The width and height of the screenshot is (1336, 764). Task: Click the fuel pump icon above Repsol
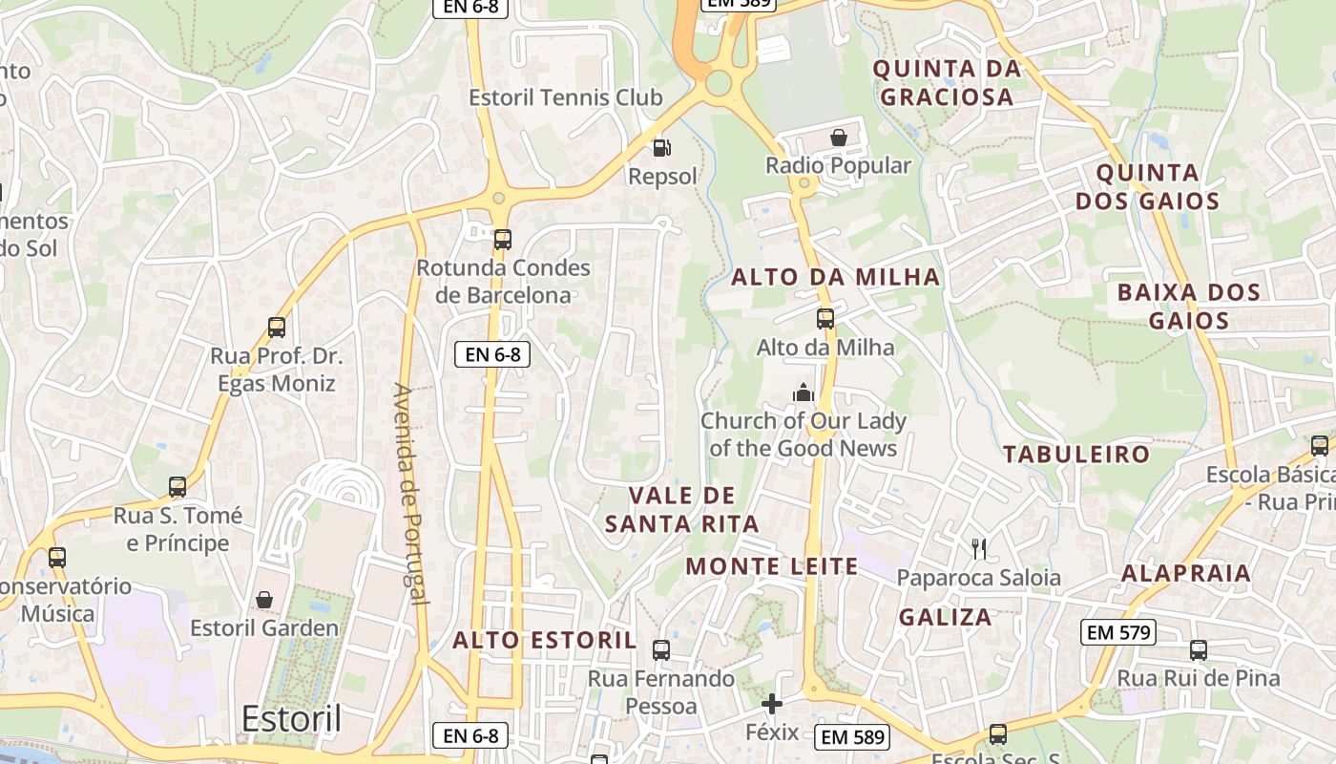click(660, 147)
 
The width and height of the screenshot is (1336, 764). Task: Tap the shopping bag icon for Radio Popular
click(839, 138)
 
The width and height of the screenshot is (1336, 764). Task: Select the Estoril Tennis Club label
click(565, 97)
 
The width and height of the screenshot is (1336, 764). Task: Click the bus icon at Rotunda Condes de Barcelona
click(503, 239)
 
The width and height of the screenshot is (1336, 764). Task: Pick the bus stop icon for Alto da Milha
click(825, 319)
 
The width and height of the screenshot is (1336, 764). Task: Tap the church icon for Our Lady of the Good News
click(803, 393)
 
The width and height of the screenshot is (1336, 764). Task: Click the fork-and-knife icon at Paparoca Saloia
click(978, 548)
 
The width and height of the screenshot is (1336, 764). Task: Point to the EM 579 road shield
click(1119, 631)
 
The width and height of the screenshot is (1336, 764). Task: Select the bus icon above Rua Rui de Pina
click(1199, 650)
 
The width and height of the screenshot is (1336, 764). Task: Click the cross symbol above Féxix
click(772, 705)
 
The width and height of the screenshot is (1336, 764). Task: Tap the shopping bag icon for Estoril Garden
click(264, 600)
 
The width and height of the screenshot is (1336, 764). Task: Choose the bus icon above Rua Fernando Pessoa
click(660, 650)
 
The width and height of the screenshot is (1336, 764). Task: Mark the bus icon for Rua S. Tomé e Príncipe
click(177, 487)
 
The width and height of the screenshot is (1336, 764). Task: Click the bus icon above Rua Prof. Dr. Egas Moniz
click(277, 328)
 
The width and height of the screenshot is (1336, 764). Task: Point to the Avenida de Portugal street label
click(409, 494)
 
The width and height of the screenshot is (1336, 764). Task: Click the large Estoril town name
click(291, 719)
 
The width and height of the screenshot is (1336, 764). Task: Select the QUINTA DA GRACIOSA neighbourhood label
click(947, 82)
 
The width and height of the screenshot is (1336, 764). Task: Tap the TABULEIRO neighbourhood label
click(1076, 455)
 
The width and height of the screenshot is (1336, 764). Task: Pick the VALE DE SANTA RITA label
click(681, 509)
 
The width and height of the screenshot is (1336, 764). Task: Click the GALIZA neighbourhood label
click(945, 617)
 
